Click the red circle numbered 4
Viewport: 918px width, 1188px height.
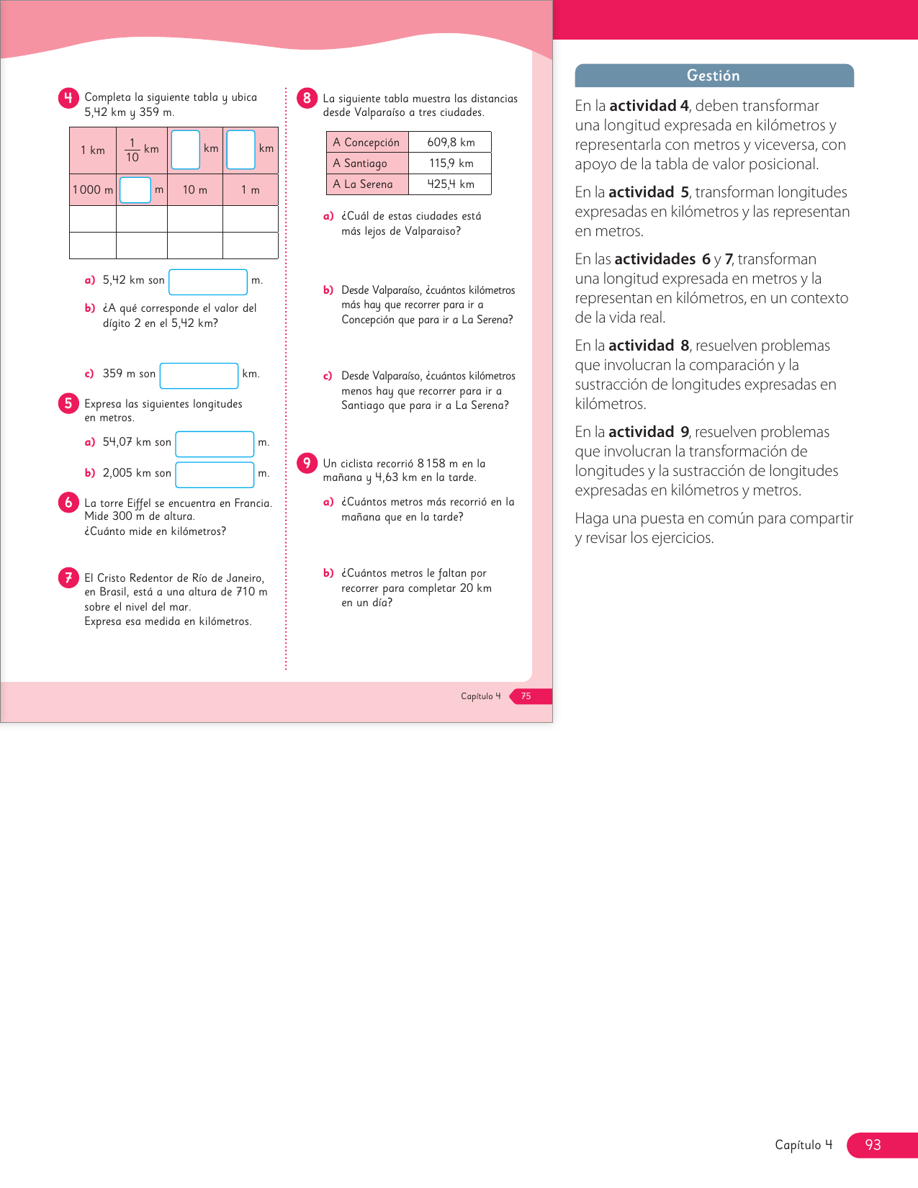[68, 98]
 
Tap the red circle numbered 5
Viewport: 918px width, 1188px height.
[68, 403]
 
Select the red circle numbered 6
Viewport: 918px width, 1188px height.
[68, 502]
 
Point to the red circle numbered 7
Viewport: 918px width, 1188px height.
[68, 577]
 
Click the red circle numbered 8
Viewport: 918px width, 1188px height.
[307, 98]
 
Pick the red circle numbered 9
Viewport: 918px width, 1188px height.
[307, 463]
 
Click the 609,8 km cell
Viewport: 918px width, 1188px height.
[451, 143]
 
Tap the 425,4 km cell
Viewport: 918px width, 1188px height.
[451, 184]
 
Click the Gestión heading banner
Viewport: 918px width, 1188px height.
[714, 76]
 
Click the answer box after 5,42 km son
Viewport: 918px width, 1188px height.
[208, 282]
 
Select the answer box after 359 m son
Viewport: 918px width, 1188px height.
[199, 375]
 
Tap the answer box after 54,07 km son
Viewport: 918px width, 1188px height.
[215, 444]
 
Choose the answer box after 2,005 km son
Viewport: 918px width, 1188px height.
[215, 474]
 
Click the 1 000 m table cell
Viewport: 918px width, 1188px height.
[93, 190]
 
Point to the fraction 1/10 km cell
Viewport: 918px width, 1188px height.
[142, 150]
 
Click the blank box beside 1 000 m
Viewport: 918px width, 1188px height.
[135, 190]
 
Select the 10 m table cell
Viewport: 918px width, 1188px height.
[194, 190]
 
